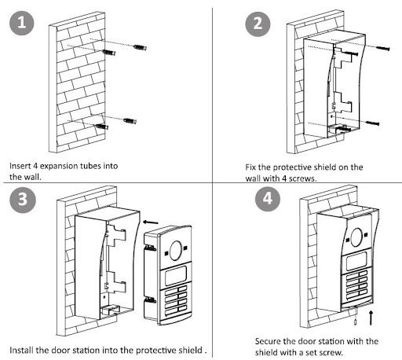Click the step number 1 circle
pos(22,23)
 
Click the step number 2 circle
pos(258,24)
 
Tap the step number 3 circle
pos(23,200)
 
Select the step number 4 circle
pos(268,199)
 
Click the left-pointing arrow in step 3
pos(151,222)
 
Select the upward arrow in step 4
pos(371,318)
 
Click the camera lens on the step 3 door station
pos(176,251)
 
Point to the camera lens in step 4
pos(356,237)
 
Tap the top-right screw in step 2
pos(383,48)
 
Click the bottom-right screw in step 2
pos(372,123)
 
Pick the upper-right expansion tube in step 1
pos(140,47)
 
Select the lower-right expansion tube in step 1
pos(130,121)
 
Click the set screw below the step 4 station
pos(355,322)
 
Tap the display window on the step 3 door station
pos(176,276)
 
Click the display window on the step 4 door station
pos(356,261)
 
